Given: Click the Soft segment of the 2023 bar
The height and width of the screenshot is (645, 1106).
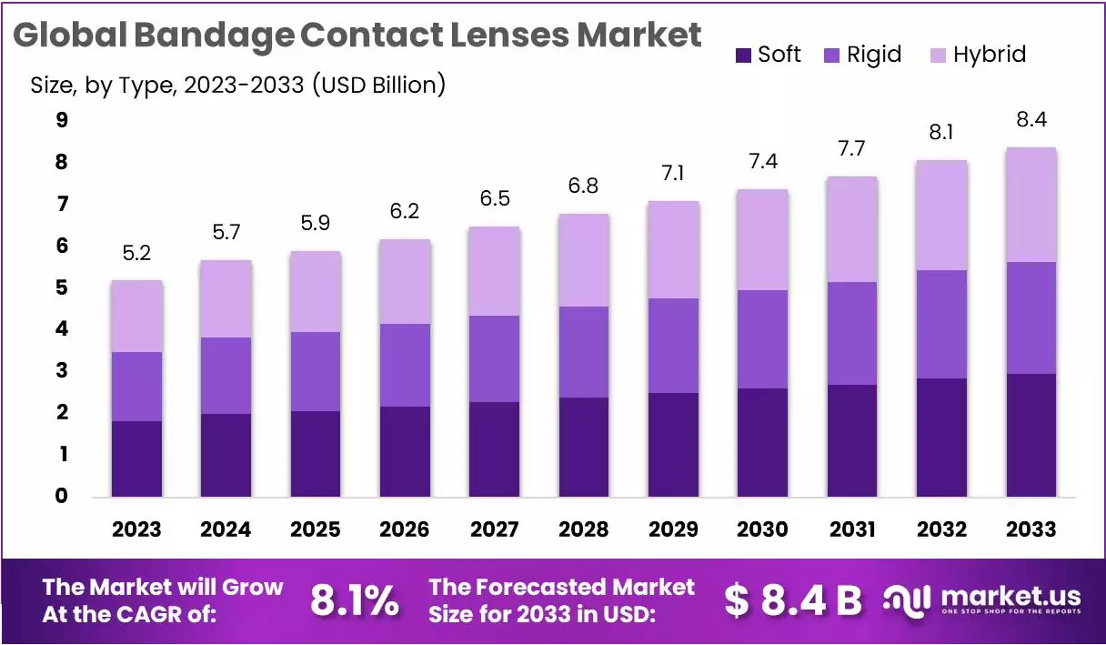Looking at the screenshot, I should (x=136, y=459).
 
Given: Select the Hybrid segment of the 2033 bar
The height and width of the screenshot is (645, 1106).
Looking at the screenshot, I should (x=1031, y=205).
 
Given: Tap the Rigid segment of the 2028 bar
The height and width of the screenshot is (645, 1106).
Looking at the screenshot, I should (x=584, y=352).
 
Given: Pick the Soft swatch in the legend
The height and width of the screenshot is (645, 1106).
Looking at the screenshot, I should (x=742, y=55).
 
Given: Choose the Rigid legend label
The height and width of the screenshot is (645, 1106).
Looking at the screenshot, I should (x=873, y=55).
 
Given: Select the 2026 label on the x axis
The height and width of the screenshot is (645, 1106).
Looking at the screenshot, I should (x=405, y=529).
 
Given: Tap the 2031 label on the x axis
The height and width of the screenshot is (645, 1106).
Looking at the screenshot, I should (x=852, y=529).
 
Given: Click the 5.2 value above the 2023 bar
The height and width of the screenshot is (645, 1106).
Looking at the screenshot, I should (x=136, y=253).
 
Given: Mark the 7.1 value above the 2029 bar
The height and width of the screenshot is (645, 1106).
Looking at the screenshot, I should (x=673, y=174).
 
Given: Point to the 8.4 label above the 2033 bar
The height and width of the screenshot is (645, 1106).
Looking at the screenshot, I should (x=1031, y=120).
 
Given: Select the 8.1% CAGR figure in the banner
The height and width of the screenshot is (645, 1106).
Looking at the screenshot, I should (x=354, y=600).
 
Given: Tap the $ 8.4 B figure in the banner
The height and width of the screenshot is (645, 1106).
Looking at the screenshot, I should (x=793, y=600).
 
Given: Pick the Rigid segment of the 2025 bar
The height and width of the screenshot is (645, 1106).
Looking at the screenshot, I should (x=316, y=371).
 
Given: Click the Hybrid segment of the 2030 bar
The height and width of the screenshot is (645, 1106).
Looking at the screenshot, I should (x=763, y=239).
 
